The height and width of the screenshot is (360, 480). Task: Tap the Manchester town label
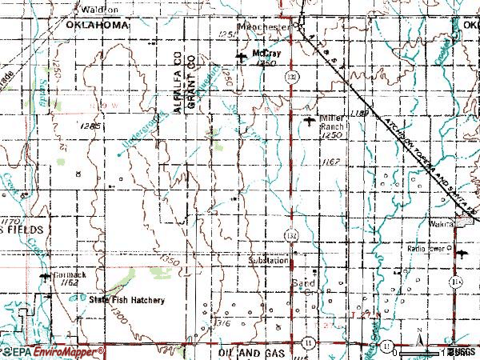point(266,26)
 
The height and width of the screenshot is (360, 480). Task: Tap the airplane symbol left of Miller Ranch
point(310,122)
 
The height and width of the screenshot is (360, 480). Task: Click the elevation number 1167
point(334,162)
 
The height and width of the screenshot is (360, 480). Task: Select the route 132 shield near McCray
point(294,74)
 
